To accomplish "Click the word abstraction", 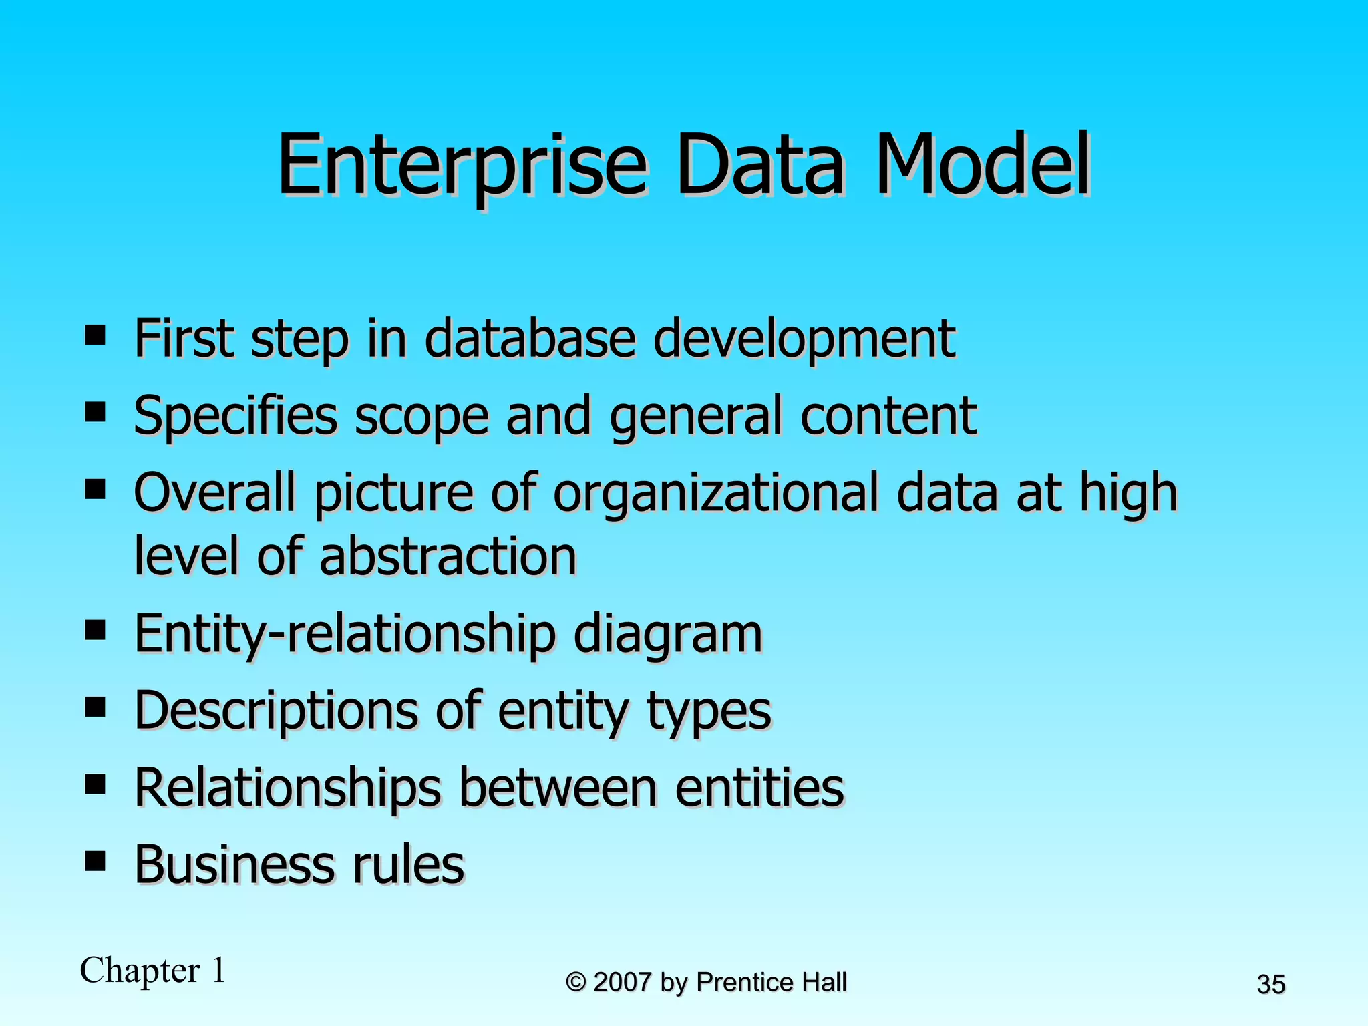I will (x=448, y=556).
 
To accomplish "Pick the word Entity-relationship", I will (x=345, y=633).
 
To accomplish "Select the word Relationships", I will (x=288, y=788).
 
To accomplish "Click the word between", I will (x=558, y=788).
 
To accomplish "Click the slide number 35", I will (x=1270, y=985).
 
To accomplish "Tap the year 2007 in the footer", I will (x=622, y=982).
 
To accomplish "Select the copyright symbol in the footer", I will (x=576, y=983).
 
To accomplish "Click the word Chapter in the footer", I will (x=140, y=970).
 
